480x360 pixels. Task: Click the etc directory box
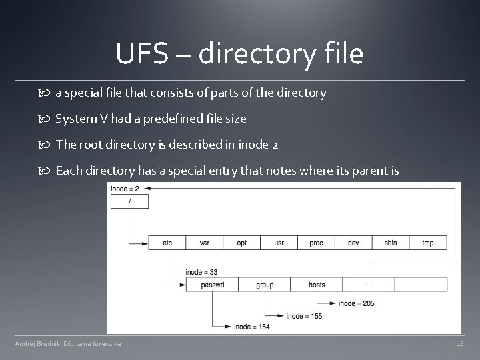point(167,243)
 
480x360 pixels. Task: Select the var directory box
point(205,243)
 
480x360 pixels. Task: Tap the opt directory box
point(242,243)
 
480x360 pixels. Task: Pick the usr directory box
point(279,243)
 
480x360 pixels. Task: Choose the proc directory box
point(317,243)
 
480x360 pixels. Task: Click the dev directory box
point(354,243)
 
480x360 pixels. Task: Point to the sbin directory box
point(391,243)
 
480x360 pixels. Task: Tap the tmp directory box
point(428,243)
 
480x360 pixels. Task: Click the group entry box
point(265,285)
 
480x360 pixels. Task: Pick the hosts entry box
point(317,285)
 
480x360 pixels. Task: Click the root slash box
point(129,201)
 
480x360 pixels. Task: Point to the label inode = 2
point(125,189)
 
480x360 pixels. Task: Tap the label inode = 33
point(201,271)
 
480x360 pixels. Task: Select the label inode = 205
point(357,303)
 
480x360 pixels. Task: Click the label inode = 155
point(304,315)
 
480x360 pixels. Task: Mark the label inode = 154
point(251,327)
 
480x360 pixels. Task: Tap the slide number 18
point(460,343)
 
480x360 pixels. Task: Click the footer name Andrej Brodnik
point(39,343)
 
